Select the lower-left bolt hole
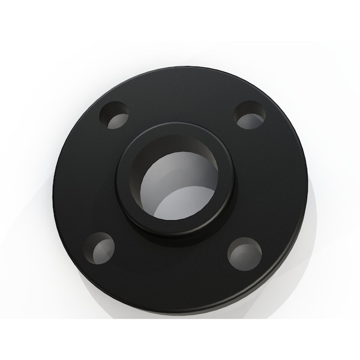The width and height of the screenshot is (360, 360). pos(99,246)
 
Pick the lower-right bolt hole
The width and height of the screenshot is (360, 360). pos(244,253)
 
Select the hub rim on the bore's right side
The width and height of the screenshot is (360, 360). pos(228,180)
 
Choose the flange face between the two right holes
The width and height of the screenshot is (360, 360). pos(270,183)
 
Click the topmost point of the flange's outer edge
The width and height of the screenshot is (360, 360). pos(183,67)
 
